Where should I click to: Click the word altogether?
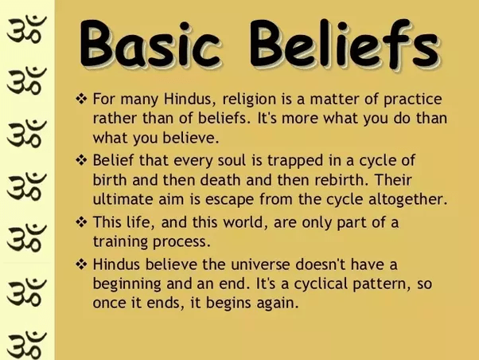coord(407,198)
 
